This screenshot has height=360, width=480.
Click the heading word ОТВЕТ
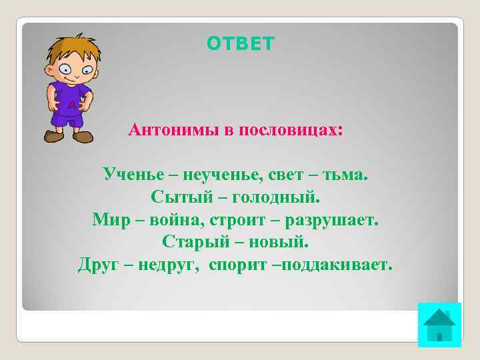(x=240, y=44)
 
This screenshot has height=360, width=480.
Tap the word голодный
(x=282, y=197)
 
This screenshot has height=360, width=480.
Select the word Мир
(x=109, y=219)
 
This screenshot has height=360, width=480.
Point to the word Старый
(x=190, y=241)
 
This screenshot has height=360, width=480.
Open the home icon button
(x=439, y=325)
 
